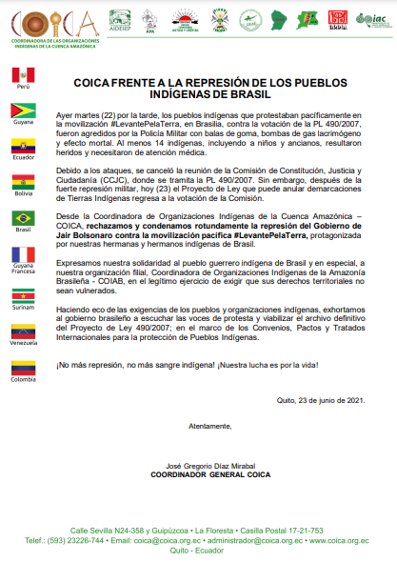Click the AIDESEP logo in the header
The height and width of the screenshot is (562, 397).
[120, 20]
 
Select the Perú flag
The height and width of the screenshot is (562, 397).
[24, 74]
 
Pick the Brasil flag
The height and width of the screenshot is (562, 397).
[24, 218]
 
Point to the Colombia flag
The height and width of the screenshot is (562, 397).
[24, 368]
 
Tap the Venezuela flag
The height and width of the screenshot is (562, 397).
[24, 331]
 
